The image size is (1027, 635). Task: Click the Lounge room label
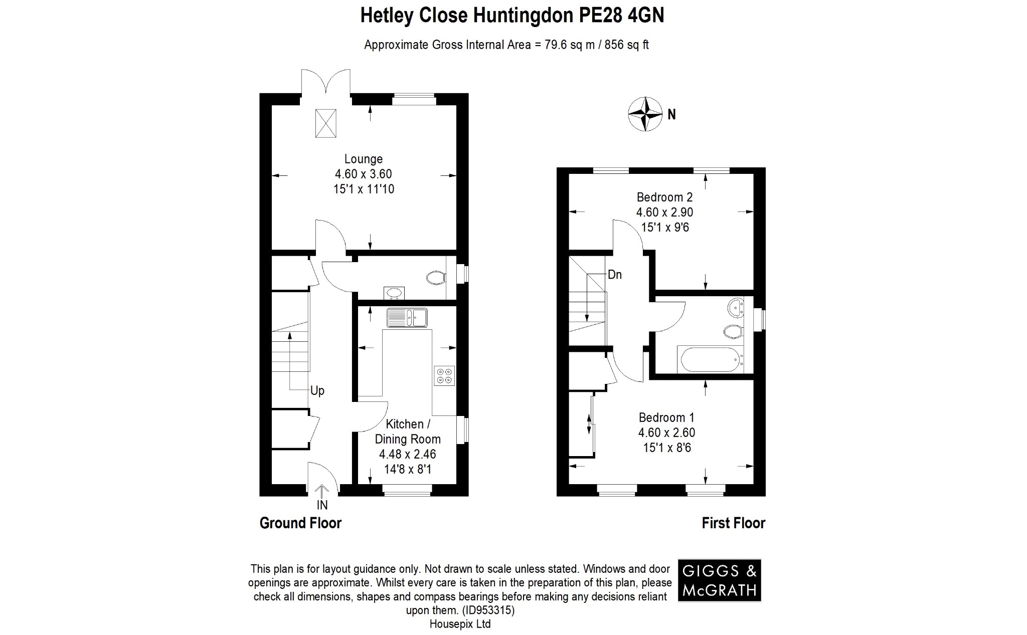pos(363,159)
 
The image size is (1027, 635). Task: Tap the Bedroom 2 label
pos(664,197)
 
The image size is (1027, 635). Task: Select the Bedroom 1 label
pos(666,417)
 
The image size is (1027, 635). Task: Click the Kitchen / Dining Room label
pos(407,432)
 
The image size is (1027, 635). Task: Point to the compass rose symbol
pos(646,114)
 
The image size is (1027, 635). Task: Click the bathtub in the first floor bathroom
pos(710,359)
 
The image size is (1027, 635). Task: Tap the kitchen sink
pos(407,317)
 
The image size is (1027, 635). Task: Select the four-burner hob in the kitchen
pos(444,376)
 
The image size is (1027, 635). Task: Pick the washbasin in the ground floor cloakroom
pos(394,292)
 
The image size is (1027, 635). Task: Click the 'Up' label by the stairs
pos(317,391)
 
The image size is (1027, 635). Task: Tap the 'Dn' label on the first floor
pos(614,275)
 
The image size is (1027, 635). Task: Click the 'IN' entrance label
pos(322,505)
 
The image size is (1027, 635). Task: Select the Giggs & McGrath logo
pos(719,580)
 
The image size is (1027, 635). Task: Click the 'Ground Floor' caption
pos(300,523)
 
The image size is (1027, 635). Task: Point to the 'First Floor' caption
pos(733,523)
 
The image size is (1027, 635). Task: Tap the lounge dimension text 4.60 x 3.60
pos(363,174)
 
